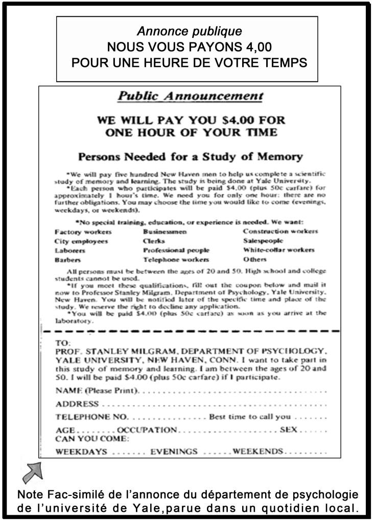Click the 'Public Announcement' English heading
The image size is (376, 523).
pyautogui.click(x=190, y=96)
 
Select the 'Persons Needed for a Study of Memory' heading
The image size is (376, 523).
pyautogui.click(x=190, y=156)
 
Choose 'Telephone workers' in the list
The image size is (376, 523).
pyautogui.click(x=176, y=260)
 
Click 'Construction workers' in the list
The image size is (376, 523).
pyautogui.click(x=280, y=231)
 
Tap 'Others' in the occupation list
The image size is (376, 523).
pyautogui.click(x=255, y=260)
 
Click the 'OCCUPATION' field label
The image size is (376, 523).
pyautogui.click(x=147, y=430)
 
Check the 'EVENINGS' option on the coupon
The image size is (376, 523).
pyautogui.click(x=174, y=452)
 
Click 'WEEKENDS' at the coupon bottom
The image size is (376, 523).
pyautogui.click(x=257, y=452)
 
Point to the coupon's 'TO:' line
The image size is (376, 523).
pyautogui.click(x=63, y=343)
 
